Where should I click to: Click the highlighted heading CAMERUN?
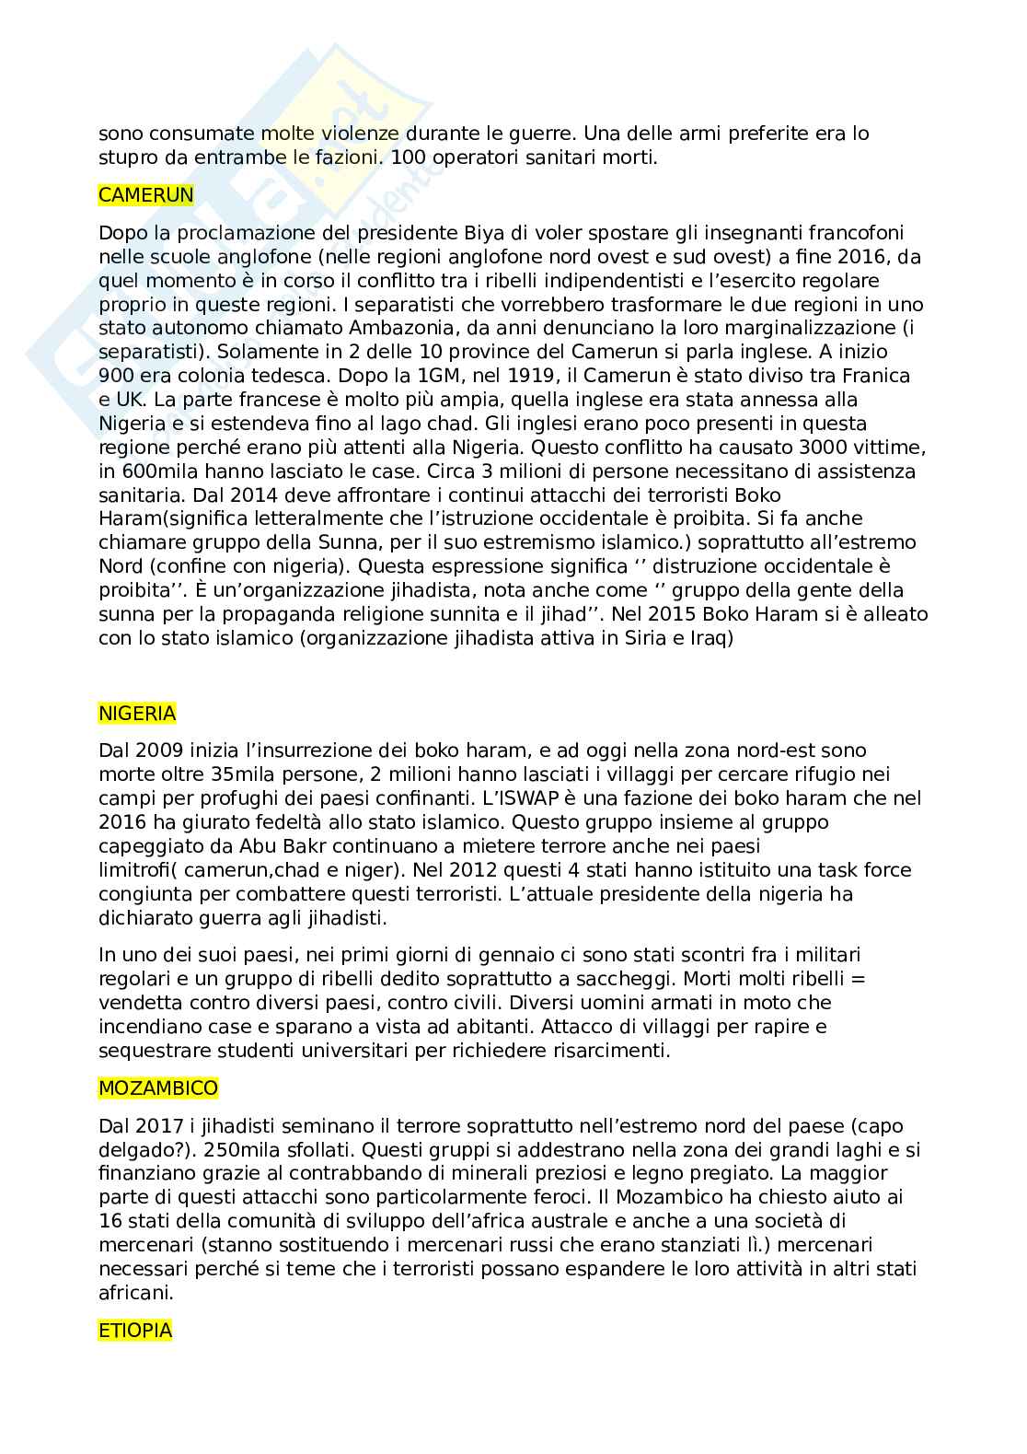tap(146, 194)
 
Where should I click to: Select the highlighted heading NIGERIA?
tap(137, 713)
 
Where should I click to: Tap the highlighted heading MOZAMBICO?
tap(158, 1088)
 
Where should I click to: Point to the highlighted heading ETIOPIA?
tap(135, 1330)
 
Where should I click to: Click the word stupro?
tap(127, 157)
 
